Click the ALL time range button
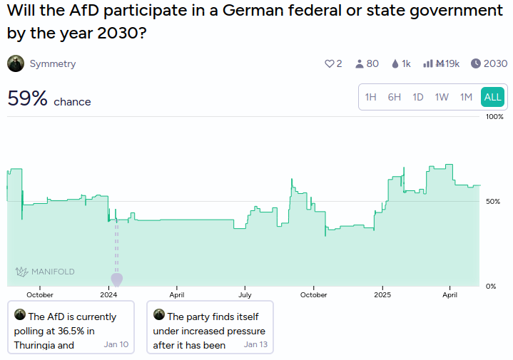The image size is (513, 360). [x=492, y=97]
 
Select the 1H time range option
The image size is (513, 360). [x=371, y=97]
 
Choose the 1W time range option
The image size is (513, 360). [x=442, y=97]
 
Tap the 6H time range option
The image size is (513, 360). [x=395, y=97]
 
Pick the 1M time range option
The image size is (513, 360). [x=466, y=97]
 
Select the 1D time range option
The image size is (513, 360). [x=418, y=97]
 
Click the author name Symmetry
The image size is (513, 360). [x=53, y=63]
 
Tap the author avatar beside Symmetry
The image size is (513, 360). [x=16, y=63]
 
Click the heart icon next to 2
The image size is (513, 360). [x=329, y=63]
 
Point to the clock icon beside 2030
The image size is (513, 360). [x=476, y=63]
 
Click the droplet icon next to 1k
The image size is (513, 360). [x=395, y=63]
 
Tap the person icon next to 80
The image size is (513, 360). [x=359, y=63]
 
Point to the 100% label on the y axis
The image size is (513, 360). [x=494, y=117]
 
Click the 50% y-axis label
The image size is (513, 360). [x=493, y=202]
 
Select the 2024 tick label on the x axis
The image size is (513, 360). [x=108, y=295]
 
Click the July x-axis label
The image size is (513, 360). [x=245, y=295]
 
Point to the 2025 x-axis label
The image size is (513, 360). [x=382, y=295]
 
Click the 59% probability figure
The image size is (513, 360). [x=28, y=98]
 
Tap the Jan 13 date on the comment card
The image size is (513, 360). [x=255, y=344]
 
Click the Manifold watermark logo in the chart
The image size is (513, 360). [x=45, y=272]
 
